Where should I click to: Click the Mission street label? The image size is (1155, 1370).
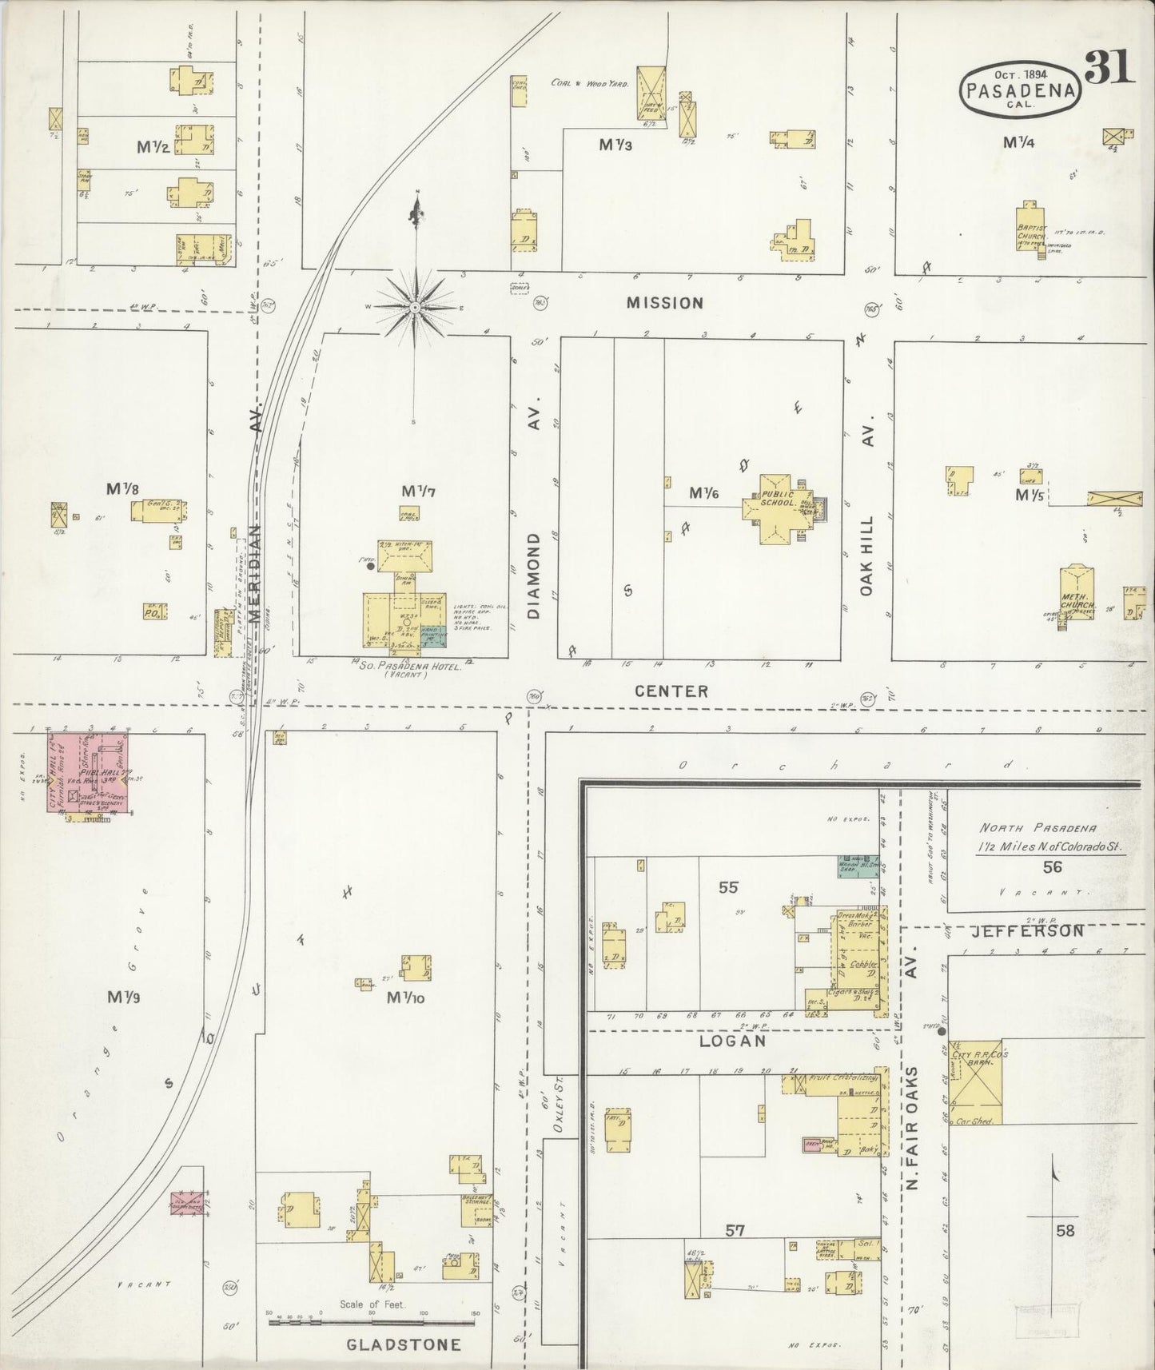coord(665,303)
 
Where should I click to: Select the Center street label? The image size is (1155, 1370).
coord(671,691)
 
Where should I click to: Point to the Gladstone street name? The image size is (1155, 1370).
coord(404,1344)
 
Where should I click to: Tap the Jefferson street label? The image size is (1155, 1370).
coord(1027,931)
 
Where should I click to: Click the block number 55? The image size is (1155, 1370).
coord(728,886)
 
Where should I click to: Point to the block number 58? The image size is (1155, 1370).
coord(1065,1231)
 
